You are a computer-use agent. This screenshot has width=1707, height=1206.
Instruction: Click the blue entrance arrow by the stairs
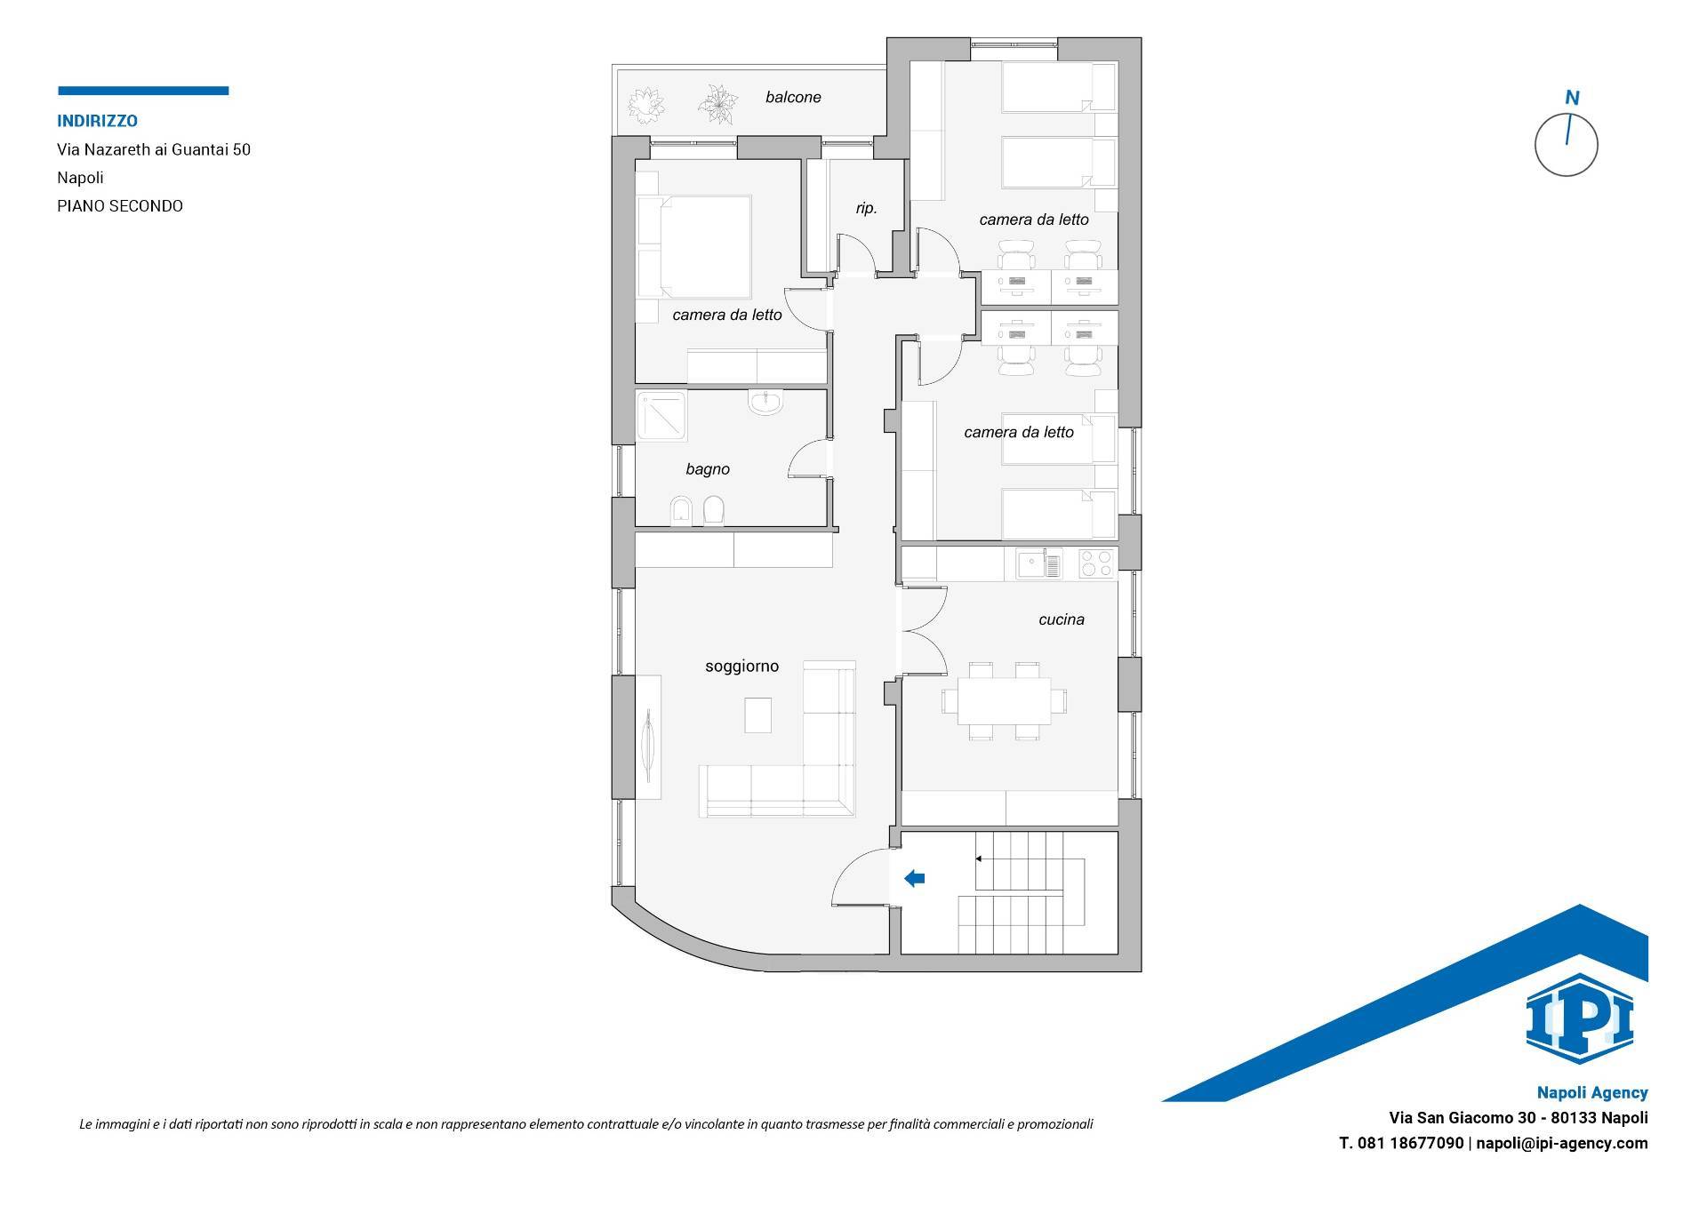click(x=914, y=879)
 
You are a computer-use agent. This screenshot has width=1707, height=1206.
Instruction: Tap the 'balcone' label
click(x=793, y=98)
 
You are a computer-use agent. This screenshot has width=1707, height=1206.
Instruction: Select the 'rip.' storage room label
click(x=866, y=209)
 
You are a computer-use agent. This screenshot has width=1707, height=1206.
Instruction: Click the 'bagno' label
click(x=708, y=469)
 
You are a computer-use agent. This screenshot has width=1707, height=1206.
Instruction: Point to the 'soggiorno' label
click(x=741, y=666)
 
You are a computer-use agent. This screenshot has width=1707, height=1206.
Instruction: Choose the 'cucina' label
click(x=1062, y=619)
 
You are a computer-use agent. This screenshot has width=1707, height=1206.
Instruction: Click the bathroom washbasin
click(x=765, y=404)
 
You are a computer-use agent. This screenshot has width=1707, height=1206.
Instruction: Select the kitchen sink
click(x=1039, y=564)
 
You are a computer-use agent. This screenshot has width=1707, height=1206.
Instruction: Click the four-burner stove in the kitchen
click(x=1096, y=563)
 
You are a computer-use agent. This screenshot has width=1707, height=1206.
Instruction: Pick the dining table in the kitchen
click(x=1005, y=701)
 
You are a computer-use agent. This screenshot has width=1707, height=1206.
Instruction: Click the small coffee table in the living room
click(x=757, y=715)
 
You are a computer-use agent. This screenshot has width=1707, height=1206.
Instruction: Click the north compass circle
click(x=1567, y=145)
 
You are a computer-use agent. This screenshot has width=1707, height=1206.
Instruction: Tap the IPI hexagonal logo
click(x=1579, y=1019)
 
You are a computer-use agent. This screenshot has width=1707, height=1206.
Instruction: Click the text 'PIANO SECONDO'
click(x=120, y=206)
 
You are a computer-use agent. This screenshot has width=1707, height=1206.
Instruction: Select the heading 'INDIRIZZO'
click(x=98, y=121)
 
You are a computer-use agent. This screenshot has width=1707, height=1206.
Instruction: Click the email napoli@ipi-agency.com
click(x=1562, y=1144)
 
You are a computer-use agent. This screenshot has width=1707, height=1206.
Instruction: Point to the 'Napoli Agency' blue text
click(x=1592, y=1093)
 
